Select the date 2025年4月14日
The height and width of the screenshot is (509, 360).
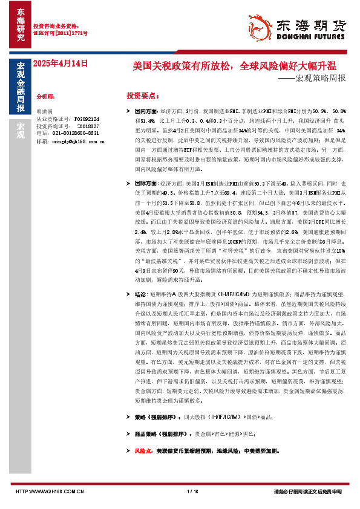click(x=61, y=63)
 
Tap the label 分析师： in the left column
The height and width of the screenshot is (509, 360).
click(x=48, y=96)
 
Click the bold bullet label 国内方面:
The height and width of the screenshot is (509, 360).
click(x=146, y=112)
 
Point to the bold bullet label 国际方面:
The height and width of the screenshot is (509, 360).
click(x=146, y=183)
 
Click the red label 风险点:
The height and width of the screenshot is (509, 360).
click(x=143, y=451)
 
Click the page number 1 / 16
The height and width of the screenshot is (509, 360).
click(x=193, y=491)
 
